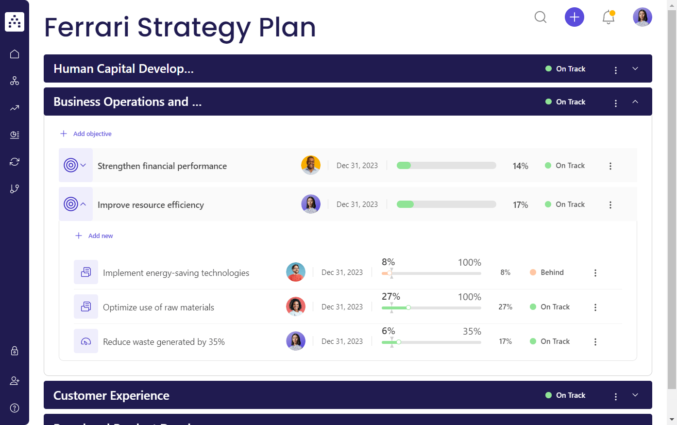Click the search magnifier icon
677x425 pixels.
point(540,17)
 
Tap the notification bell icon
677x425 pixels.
point(608,17)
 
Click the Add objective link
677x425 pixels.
point(92,134)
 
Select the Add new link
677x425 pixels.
point(100,236)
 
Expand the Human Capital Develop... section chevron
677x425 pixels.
point(635,69)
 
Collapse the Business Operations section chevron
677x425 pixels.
point(635,102)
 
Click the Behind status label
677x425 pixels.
point(552,272)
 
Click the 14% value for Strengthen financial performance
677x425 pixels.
point(520,166)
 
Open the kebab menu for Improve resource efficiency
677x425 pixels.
point(610,205)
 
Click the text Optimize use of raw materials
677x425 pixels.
point(158,307)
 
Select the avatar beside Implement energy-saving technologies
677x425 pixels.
point(296,272)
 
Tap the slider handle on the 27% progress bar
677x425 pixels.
point(408,307)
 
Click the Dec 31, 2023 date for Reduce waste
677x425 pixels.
point(342,341)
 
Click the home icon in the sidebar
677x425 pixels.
point(15,54)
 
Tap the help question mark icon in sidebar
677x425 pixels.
point(15,408)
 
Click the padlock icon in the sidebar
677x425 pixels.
point(15,351)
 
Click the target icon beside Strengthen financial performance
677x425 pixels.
point(71,166)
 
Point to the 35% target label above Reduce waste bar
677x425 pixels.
point(472,331)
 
